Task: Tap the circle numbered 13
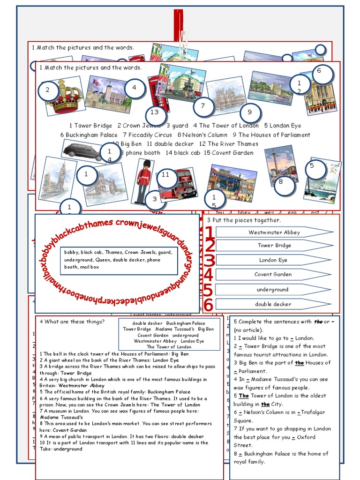(155, 112)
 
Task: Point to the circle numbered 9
(249, 112)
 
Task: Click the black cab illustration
(82, 150)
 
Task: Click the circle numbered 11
(165, 175)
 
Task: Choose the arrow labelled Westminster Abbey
(274, 232)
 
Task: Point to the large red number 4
(208, 275)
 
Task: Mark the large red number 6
(208, 305)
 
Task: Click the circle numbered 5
(311, 165)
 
